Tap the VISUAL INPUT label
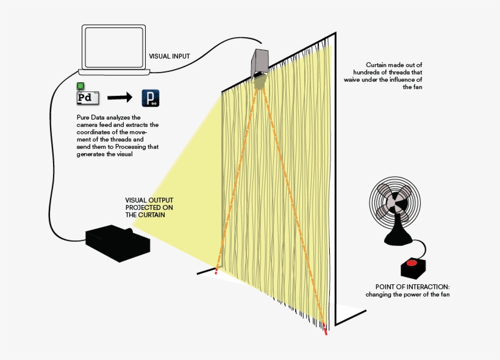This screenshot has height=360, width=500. point(170,56)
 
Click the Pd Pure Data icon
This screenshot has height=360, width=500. point(87,98)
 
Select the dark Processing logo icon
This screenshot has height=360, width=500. point(151,98)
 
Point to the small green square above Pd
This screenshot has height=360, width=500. point(80,87)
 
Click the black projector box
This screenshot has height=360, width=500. point(118,242)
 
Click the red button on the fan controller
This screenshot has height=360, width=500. point(412,263)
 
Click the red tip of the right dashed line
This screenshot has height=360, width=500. point(325,333)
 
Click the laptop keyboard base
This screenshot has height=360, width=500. point(116,73)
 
